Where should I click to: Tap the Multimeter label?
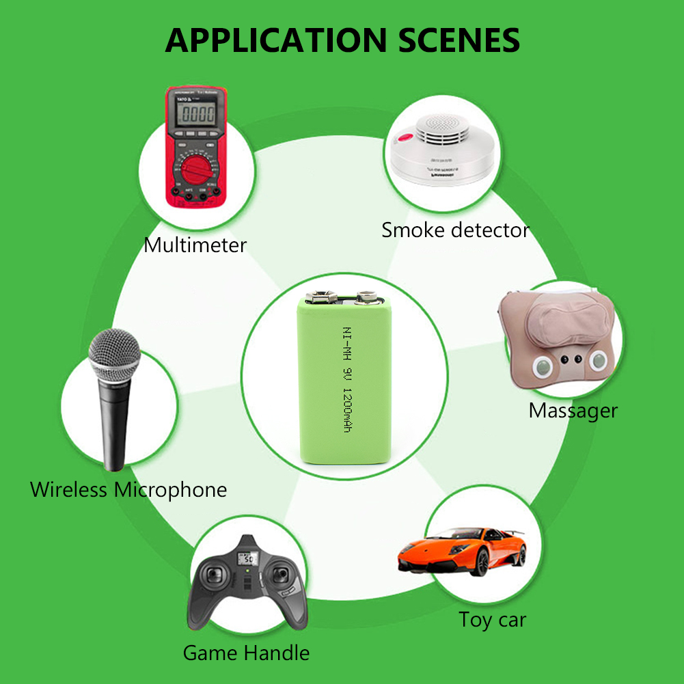(x=195, y=245)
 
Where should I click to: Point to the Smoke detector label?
(x=455, y=230)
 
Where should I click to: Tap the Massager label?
(x=573, y=410)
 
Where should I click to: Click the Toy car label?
(x=492, y=619)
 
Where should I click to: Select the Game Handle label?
(x=246, y=653)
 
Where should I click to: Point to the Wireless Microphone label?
(x=128, y=489)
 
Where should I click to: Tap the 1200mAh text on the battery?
(x=346, y=410)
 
